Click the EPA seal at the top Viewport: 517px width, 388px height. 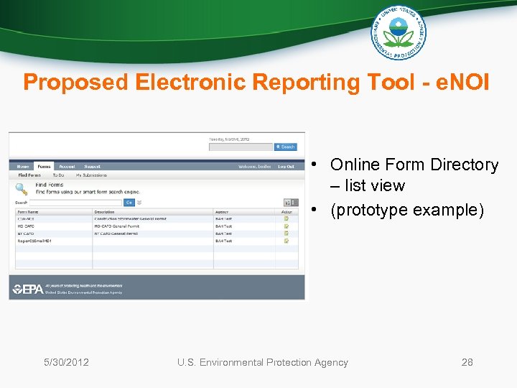click(398, 32)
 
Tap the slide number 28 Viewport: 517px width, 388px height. click(467, 362)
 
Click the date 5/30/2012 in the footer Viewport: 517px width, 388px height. click(66, 362)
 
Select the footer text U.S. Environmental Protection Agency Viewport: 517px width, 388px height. click(262, 362)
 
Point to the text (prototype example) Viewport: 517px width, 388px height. click(407, 210)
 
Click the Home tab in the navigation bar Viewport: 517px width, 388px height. click(23, 166)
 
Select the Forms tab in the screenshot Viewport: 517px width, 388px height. click(45, 166)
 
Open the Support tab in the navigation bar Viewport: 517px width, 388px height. click(92, 166)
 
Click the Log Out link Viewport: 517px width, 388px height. click(286, 166)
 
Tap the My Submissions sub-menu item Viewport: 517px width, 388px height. click(91, 175)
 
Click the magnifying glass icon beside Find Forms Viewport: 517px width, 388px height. click(22, 189)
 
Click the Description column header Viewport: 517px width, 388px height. click(104, 212)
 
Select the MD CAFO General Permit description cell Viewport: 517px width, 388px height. click(117, 226)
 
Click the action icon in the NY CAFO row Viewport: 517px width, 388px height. click(287, 234)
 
